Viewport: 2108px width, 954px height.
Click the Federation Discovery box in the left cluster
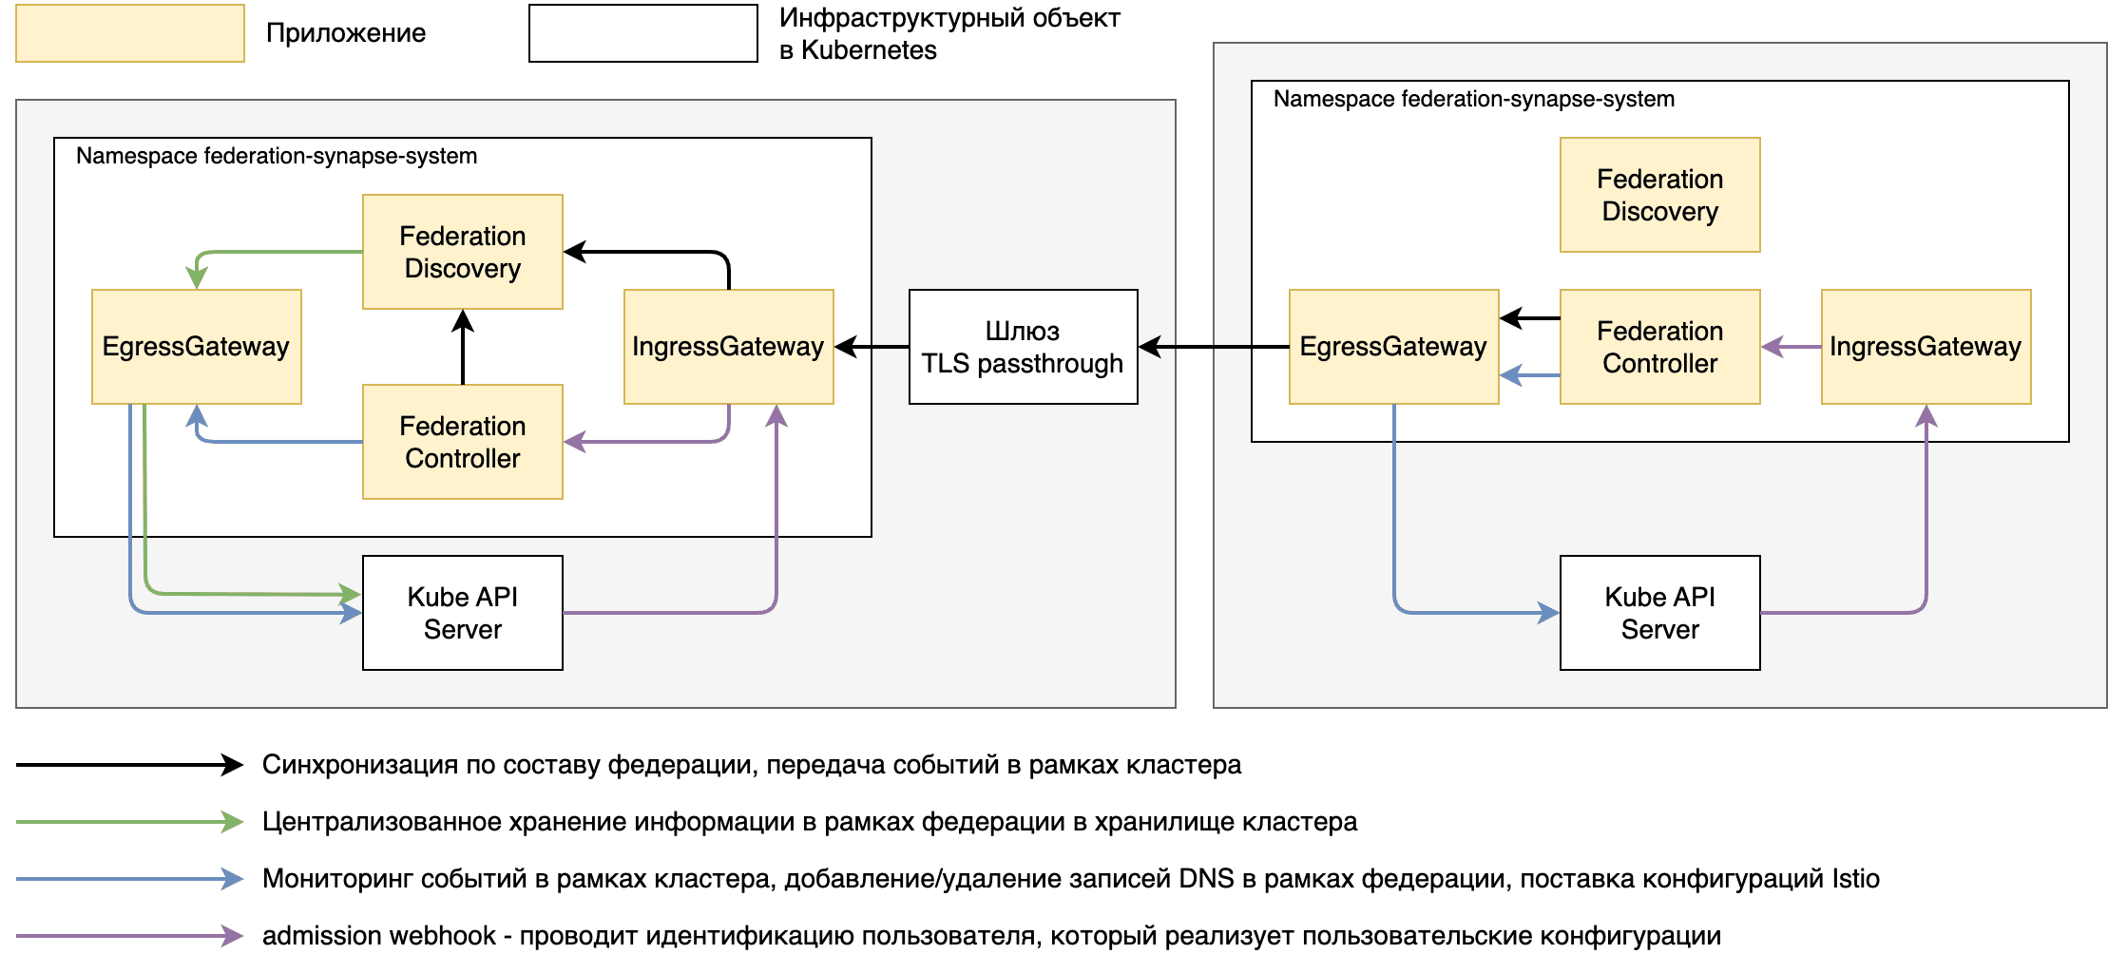coord(462,252)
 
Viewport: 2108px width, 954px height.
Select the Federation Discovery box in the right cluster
coord(1659,195)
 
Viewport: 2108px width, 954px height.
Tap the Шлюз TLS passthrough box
coord(1023,347)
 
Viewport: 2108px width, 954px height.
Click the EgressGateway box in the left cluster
coord(196,347)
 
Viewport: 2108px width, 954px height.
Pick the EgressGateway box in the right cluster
coord(1393,347)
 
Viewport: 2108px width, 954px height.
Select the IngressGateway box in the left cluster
coord(728,347)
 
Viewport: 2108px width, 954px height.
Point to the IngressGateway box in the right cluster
coord(1926,347)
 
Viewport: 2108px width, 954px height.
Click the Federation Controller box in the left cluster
coord(462,442)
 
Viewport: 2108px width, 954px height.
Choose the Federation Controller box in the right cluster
coord(1659,347)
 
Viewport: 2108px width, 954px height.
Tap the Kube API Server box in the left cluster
coord(462,613)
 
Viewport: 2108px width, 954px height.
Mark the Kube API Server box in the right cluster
coord(1659,613)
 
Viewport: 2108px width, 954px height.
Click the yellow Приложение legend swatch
coord(130,33)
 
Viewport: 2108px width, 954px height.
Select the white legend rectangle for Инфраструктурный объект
coord(642,33)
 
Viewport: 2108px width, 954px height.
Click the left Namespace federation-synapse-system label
coord(277,156)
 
